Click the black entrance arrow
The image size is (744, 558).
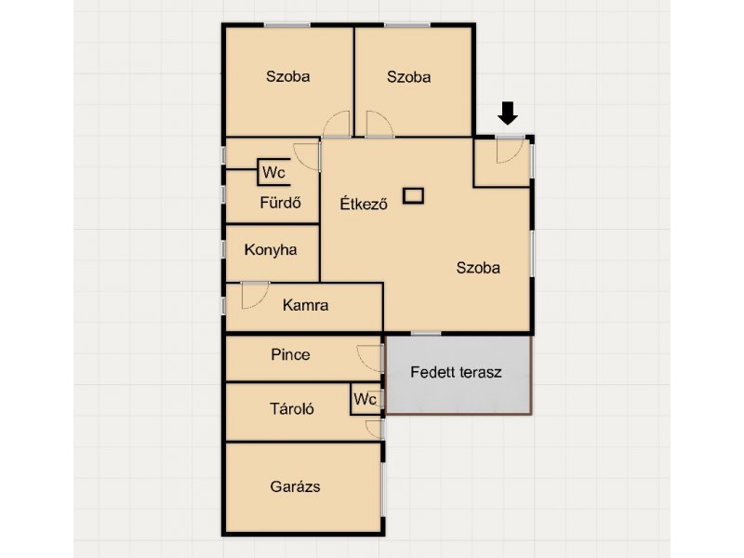pos(508,113)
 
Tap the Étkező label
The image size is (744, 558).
pos(364,203)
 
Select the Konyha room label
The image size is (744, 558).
pos(271,249)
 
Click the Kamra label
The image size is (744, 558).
pos(305,305)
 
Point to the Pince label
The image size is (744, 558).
pos(290,354)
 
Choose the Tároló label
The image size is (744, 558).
pos(292,408)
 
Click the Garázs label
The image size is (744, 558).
pos(295,486)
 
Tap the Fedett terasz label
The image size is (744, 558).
pos(456,372)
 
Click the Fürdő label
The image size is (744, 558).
pos(281,203)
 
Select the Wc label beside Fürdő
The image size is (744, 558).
pos(273,172)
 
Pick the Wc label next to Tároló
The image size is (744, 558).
pos(365,400)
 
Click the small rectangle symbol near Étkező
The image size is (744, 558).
pos(413,195)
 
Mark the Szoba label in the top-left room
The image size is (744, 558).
pos(288,76)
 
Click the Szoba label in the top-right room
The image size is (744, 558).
pos(408,77)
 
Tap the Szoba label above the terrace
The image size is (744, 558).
pos(478,268)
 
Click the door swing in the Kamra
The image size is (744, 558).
pos(255,296)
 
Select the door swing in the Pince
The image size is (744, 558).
pos(369,358)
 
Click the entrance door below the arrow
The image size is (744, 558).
pos(510,150)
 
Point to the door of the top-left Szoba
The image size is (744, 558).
pos(337,125)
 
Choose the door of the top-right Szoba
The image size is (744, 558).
pos(379,125)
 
